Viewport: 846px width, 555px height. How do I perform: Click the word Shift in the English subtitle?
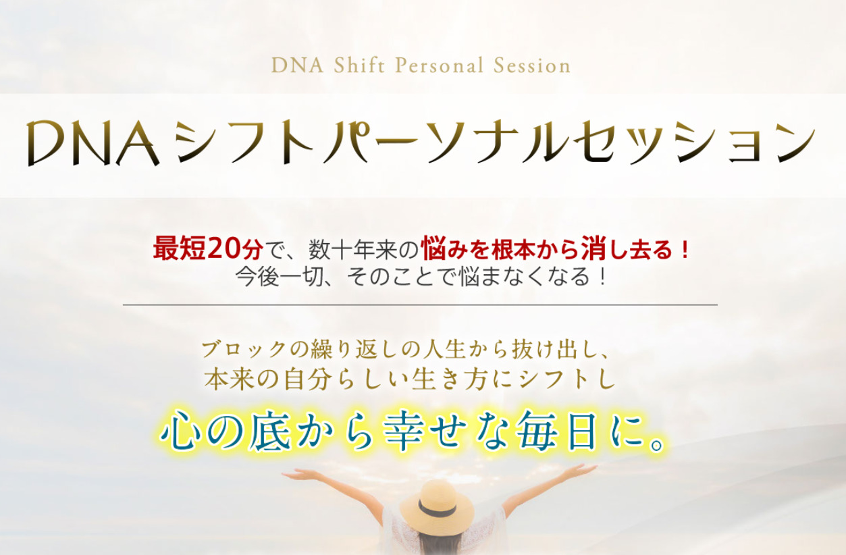pos(359,65)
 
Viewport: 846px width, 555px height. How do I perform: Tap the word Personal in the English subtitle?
pos(440,65)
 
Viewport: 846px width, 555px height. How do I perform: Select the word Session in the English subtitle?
pos(532,65)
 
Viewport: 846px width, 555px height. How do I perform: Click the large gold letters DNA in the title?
pos(93,144)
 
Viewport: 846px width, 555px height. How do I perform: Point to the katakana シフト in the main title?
pos(244,143)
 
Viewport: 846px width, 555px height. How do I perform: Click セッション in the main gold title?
pos(694,143)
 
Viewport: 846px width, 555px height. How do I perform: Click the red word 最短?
pos(180,249)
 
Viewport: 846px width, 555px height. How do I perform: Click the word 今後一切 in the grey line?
pos(280,277)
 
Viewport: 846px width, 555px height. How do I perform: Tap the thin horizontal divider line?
pos(420,305)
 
